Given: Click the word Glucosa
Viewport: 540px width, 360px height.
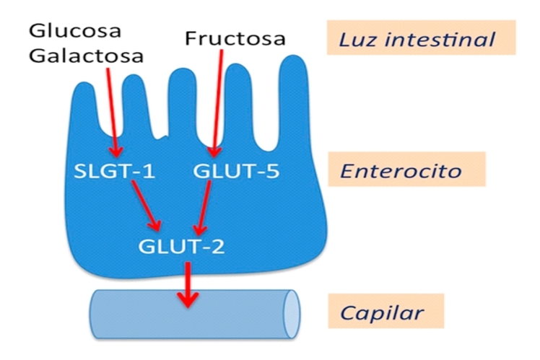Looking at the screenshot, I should [x=74, y=31].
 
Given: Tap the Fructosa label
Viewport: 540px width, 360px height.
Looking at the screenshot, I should [x=235, y=38].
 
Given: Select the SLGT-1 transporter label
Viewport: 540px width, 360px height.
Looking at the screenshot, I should [x=115, y=172].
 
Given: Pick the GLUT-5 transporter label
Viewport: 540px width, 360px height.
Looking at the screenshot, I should [x=237, y=172].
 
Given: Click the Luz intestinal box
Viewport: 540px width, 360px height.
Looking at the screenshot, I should [x=422, y=38].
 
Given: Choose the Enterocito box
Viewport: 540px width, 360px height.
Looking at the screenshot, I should [x=411, y=171].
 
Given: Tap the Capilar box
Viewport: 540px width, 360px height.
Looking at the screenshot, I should [x=391, y=313].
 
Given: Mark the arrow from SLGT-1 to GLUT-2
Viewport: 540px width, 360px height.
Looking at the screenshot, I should [x=147, y=206].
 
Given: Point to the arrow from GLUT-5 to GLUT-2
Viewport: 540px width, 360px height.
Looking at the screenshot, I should [x=204, y=208].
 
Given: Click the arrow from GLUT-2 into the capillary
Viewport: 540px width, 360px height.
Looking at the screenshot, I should [x=188, y=284].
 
